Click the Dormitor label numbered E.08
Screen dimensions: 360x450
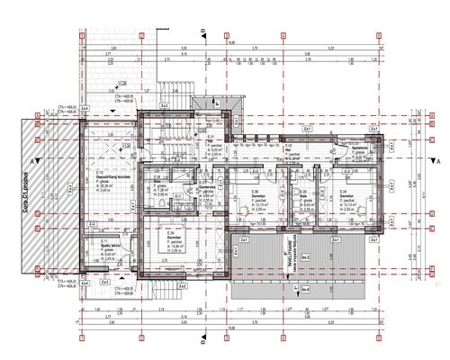pos(256,196)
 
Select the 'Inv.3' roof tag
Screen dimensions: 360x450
pos(306,258)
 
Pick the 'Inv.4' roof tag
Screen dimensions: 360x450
pos(306,288)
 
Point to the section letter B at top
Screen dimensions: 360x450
pos(204,33)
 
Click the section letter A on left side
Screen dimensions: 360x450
pos(32,161)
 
